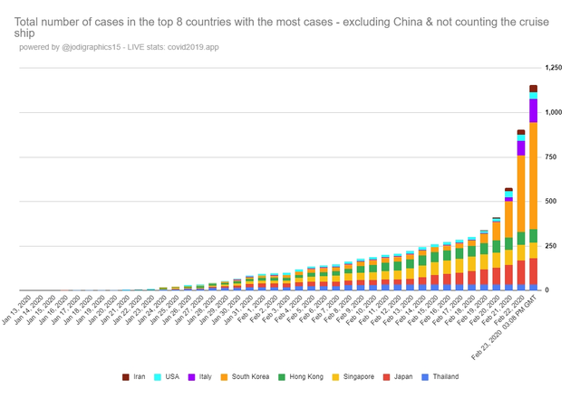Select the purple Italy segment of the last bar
pos(534,110)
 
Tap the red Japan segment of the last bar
pos(534,271)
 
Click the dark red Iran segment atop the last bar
pos(534,88)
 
